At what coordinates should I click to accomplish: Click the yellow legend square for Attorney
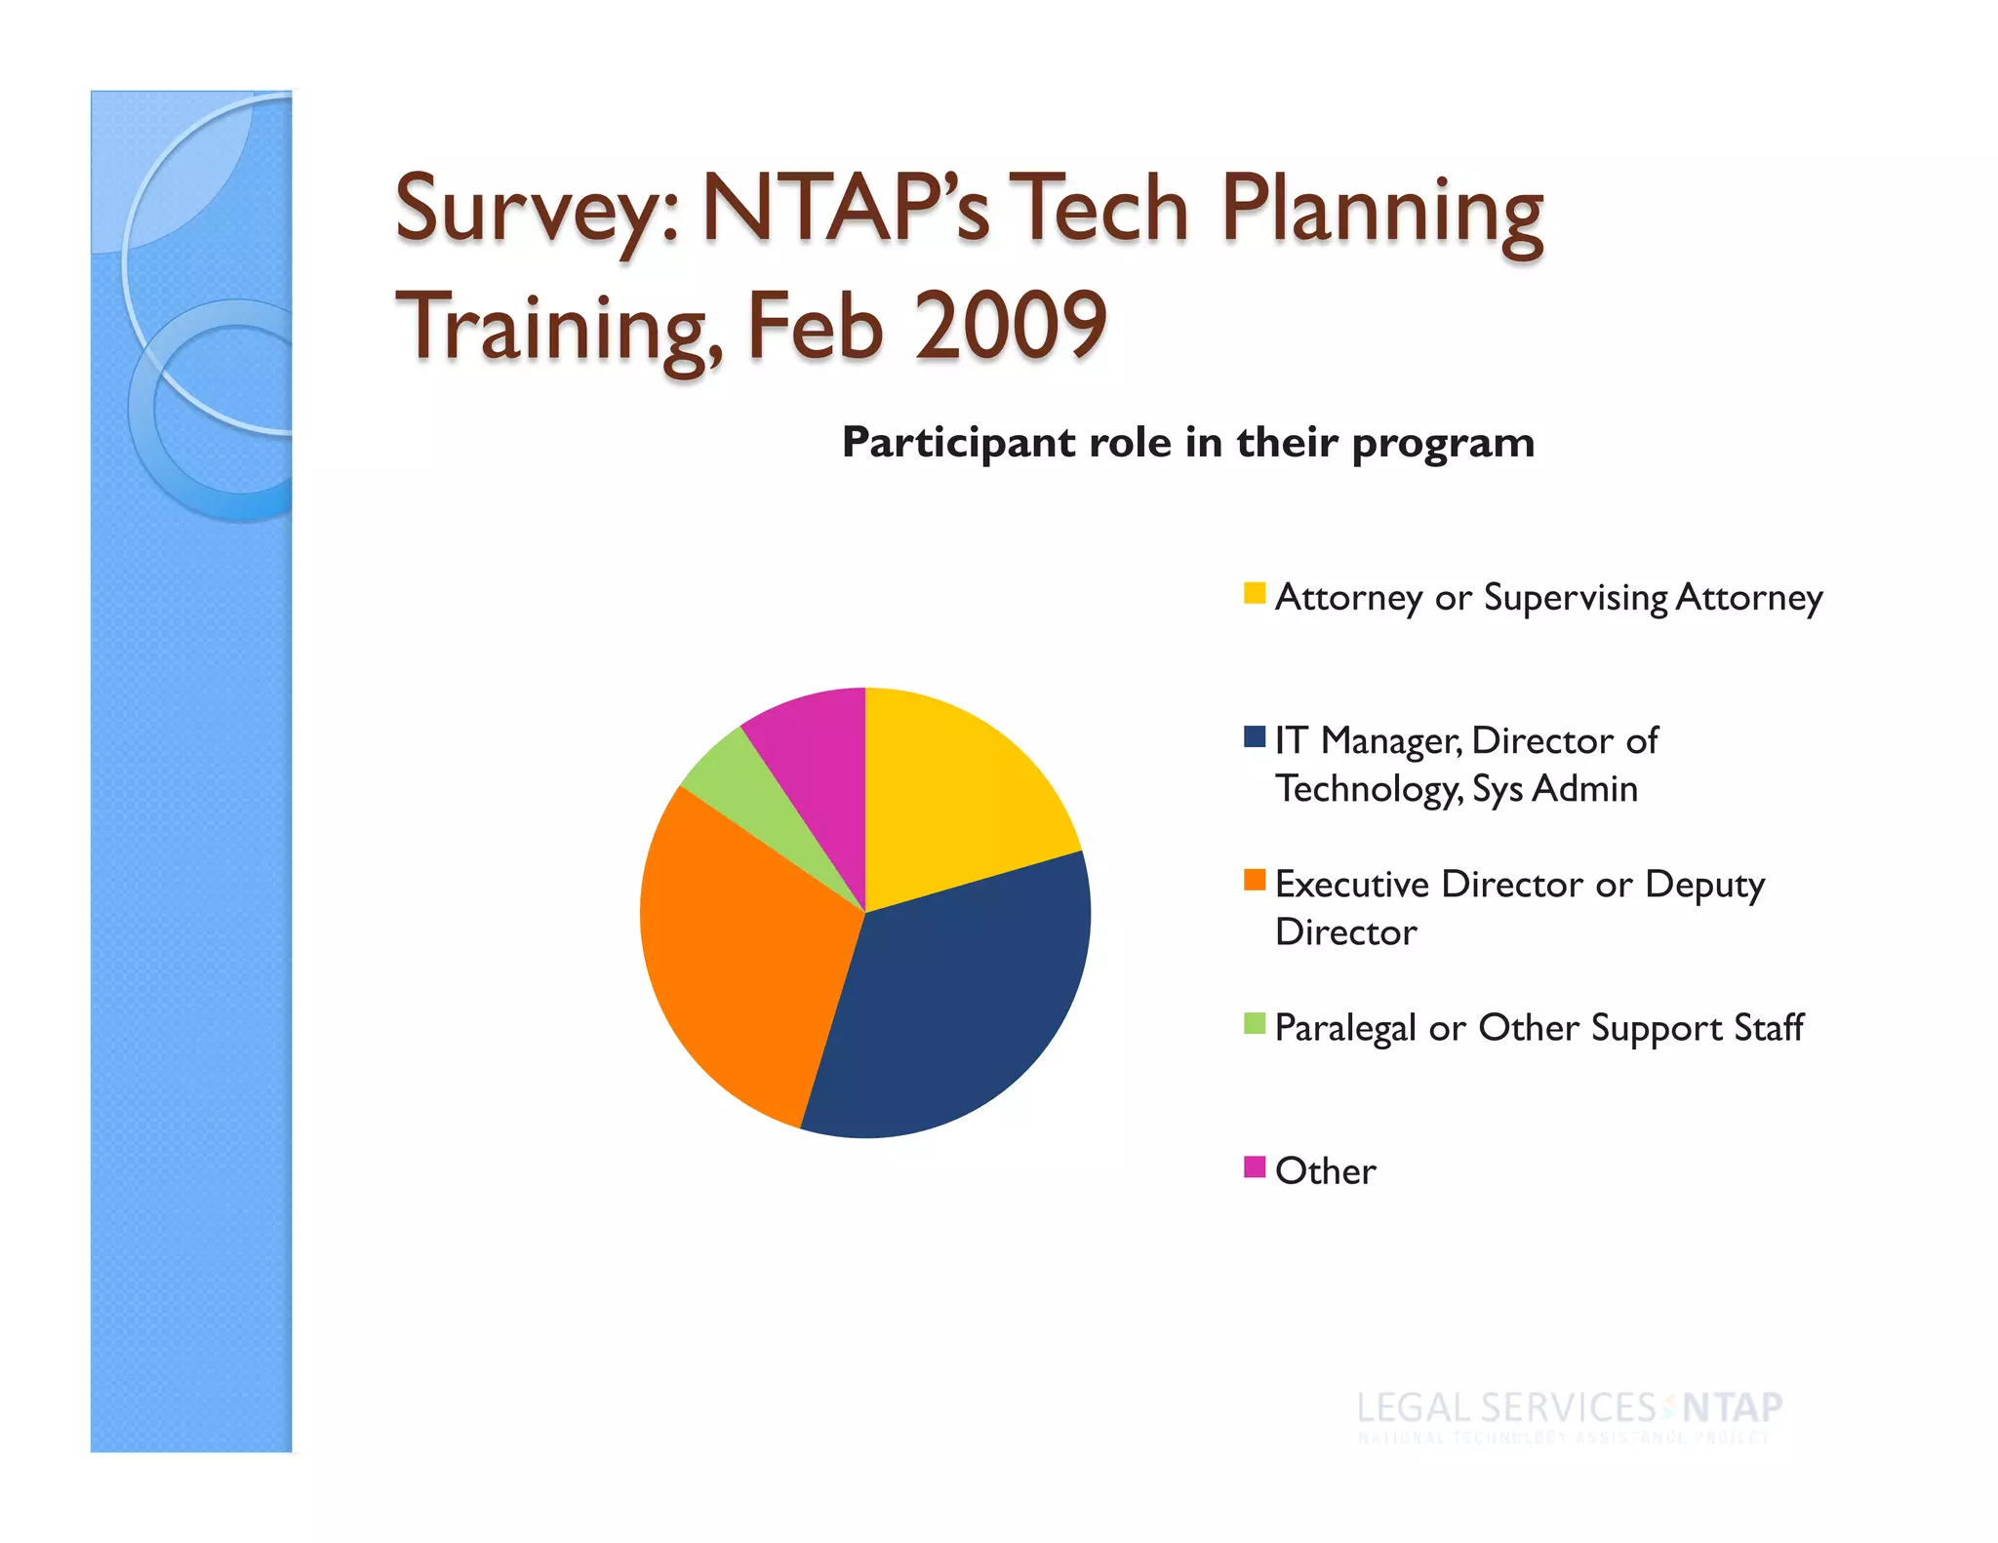1254,593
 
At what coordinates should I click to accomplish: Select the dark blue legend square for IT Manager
1254,736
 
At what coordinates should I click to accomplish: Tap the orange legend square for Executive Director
1254,880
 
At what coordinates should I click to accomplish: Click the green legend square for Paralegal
1254,1023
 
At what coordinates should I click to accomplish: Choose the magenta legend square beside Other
1254,1167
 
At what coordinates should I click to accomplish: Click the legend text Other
1325,1170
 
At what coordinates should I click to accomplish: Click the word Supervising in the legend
1575,597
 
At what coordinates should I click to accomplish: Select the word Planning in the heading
1381,210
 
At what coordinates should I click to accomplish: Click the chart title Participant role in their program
1187,443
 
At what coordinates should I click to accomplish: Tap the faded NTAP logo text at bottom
1732,1407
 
